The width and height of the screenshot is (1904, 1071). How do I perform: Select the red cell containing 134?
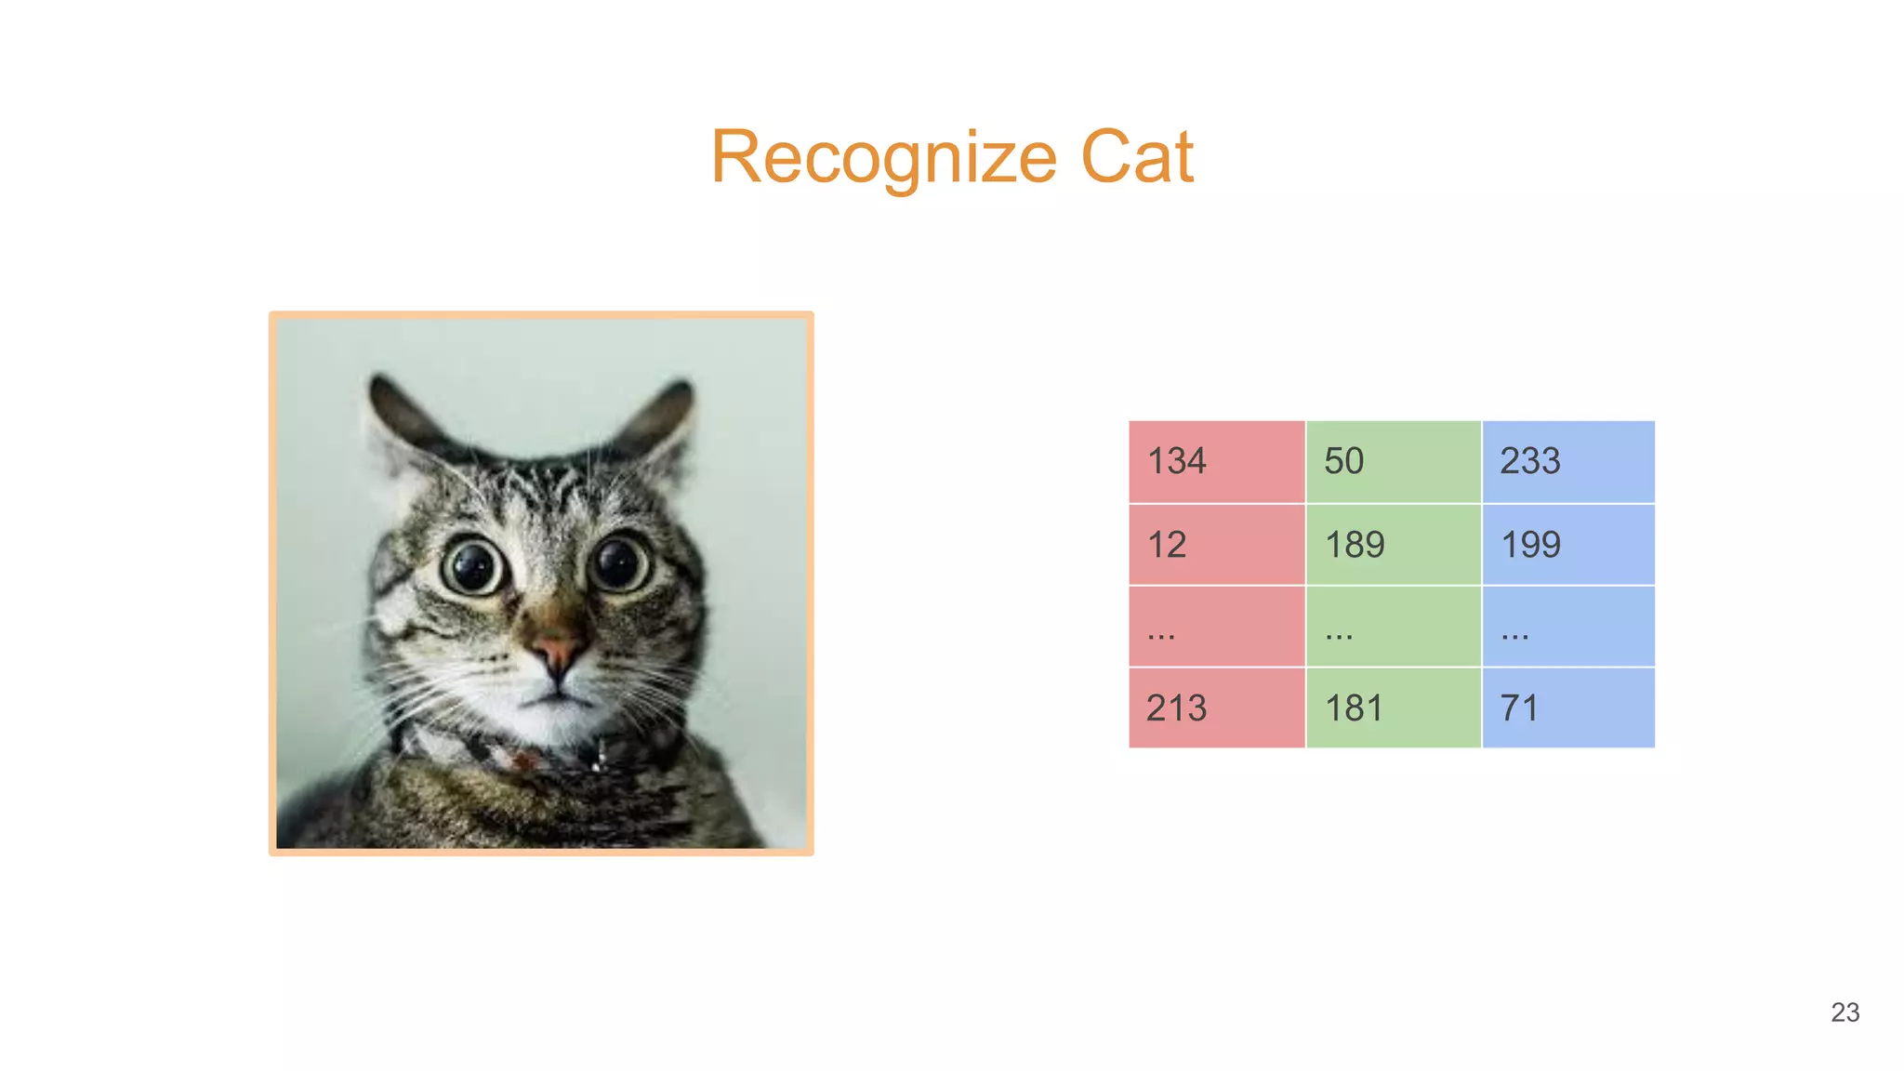(x=1216, y=461)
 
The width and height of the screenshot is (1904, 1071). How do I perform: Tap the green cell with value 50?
(x=1393, y=461)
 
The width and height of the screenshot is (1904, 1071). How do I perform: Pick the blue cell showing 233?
(x=1568, y=461)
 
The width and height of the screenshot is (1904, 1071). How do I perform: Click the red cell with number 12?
(x=1216, y=544)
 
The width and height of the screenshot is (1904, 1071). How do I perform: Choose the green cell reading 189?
(x=1393, y=544)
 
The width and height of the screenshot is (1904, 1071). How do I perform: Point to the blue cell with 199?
(x=1568, y=544)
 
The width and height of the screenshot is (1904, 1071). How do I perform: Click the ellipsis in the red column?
(x=1216, y=627)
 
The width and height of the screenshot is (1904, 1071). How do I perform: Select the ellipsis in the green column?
(x=1393, y=627)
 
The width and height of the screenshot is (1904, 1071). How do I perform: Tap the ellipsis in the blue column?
(x=1568, y=627)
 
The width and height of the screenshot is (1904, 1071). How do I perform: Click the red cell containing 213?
(x=1216, y=707)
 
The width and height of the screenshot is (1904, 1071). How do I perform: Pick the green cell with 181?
(x=1393, y=707)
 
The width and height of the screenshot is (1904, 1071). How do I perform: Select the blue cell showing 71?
(x=1568, y=707)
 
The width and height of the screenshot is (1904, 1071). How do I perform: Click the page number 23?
(x=1844, y=1012)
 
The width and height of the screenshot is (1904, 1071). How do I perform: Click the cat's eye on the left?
(x=474, y=566)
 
